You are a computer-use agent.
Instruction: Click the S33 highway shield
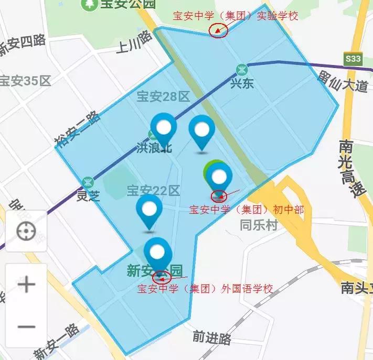coord(353,59)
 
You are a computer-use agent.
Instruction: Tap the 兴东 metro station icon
coord(242,69)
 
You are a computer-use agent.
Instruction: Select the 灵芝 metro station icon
coord(88,182)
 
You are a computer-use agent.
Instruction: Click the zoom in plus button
coord(26,285)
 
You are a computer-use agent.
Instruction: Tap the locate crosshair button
coord(26,231)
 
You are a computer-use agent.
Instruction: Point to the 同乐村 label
coord(258,225)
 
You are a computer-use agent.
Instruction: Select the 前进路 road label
coord(212,338)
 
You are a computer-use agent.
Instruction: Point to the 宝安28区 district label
coord(163,96)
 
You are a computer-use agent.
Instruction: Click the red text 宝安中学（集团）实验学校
coord(236,16)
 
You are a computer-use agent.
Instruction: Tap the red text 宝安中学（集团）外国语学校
coord(205,289)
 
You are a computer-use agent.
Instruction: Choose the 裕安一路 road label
coord(76,128)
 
